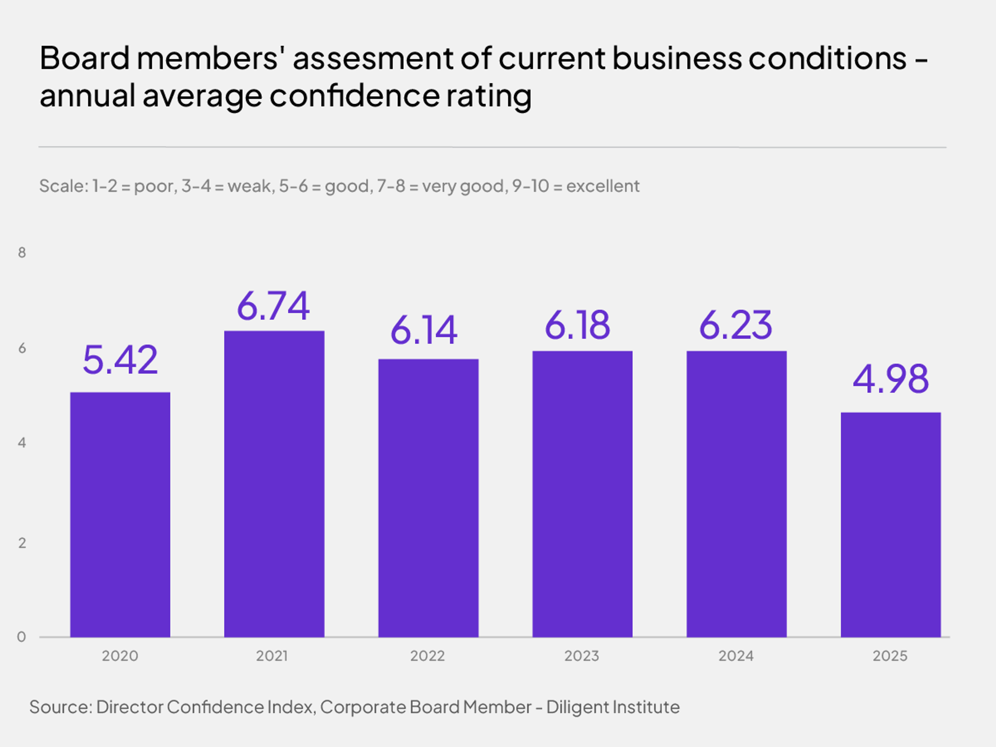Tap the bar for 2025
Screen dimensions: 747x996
tap(891, 524)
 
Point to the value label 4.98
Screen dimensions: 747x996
tap(890, 379)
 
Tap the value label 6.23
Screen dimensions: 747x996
tap(735, 325)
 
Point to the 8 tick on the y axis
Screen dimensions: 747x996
tap(22, 253)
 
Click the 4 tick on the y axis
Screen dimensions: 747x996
tap(22, 442)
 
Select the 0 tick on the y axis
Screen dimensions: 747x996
tap(21, 637)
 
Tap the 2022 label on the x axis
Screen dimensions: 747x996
tap(427, 656)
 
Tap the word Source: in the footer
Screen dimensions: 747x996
tap(61, 707)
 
